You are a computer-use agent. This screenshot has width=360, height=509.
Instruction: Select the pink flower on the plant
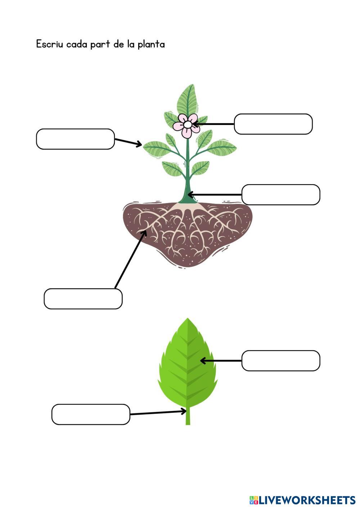186,125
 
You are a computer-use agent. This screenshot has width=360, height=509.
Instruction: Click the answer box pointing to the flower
273,124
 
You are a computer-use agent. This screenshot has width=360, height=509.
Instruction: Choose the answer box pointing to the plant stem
280,195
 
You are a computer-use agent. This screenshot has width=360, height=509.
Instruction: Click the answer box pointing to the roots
83,299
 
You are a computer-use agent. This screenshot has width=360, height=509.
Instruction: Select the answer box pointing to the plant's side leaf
75,139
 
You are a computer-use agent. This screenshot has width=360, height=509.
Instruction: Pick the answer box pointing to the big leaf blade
280,361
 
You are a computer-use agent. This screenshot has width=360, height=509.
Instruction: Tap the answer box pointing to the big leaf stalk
90,414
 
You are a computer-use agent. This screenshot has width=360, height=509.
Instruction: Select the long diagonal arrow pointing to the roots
130,260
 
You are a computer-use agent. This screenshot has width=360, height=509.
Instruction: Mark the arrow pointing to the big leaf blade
220,360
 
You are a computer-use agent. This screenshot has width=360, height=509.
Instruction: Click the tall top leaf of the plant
187,99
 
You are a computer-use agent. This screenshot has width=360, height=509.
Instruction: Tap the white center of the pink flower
187,125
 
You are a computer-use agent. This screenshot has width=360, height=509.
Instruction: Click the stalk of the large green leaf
188,418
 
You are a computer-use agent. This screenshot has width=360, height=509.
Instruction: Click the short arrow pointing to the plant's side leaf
128,142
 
